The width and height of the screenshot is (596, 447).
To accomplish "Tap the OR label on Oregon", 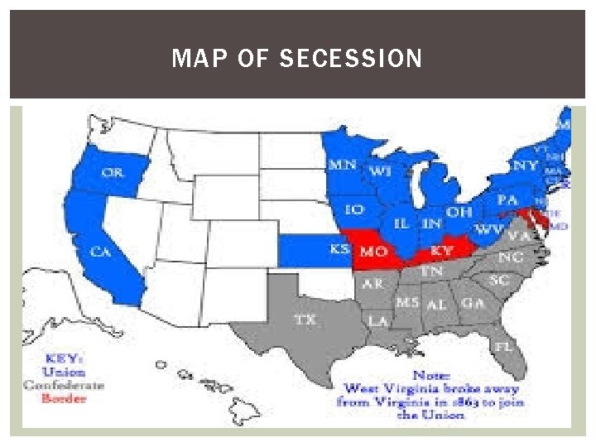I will click(113, 172).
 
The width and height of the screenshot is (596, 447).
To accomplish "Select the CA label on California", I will click(100, 252).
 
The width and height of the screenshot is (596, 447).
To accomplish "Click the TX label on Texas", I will click(305, 319).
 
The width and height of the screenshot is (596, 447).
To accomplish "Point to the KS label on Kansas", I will click(339, 249).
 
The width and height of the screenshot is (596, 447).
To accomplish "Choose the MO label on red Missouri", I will click(374, 251).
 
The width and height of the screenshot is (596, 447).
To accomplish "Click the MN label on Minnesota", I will click(342, 165).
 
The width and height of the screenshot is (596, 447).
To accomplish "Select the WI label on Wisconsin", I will click(380, 171).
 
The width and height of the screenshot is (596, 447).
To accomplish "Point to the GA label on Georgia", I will click(473, 304).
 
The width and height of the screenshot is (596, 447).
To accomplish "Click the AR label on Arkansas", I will click(373, 283).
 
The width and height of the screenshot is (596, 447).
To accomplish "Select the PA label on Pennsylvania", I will click(507, 200).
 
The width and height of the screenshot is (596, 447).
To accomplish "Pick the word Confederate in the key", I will click(64, 385).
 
